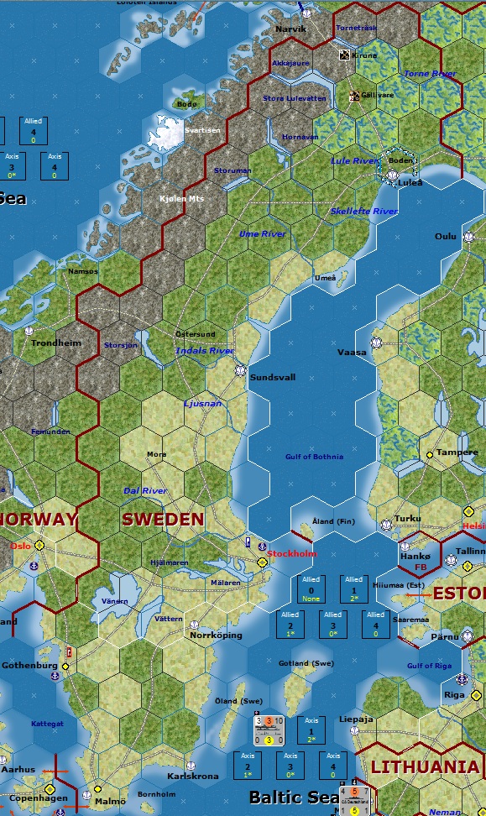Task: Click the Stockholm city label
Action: pos(292,554)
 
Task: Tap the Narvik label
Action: pos(291,29)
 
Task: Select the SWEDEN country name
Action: pos(163,519)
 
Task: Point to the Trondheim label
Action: pos(56,343)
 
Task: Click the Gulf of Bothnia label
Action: pos(315,457)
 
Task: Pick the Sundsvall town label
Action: pos(273,378)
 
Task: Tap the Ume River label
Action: pos(262,233)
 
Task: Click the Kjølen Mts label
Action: pos(181,199)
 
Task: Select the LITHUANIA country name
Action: pos(425,766)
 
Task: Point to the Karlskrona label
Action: pos(193,777)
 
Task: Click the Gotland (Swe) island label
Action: pos(306,663)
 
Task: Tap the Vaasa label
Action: pos(352,353)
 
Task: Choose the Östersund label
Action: pos(195,334)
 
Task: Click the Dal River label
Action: pos(145,490)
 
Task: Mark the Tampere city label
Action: pos(457,452)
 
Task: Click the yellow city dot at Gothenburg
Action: pos(65,666)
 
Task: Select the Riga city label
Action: pos(454,695)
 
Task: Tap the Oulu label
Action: pos(446,237)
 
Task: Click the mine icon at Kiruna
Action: pos(344,55)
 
